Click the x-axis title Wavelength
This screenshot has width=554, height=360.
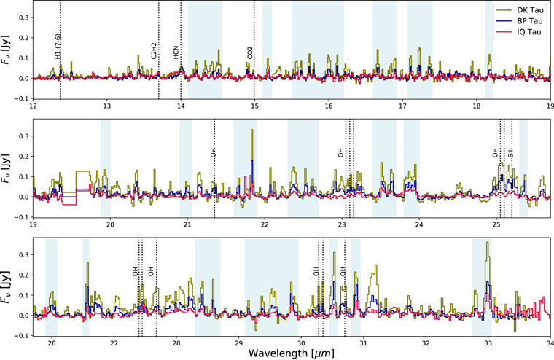click(290, 353)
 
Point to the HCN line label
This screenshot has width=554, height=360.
click(176, 51)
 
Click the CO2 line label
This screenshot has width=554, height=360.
click(250, 52)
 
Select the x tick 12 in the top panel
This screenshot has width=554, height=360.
click(33, 106)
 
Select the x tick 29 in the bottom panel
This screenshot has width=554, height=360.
click(238, 342)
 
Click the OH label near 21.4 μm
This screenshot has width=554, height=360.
click(213, 153)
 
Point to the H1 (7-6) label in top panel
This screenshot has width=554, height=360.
click(58, 45)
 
